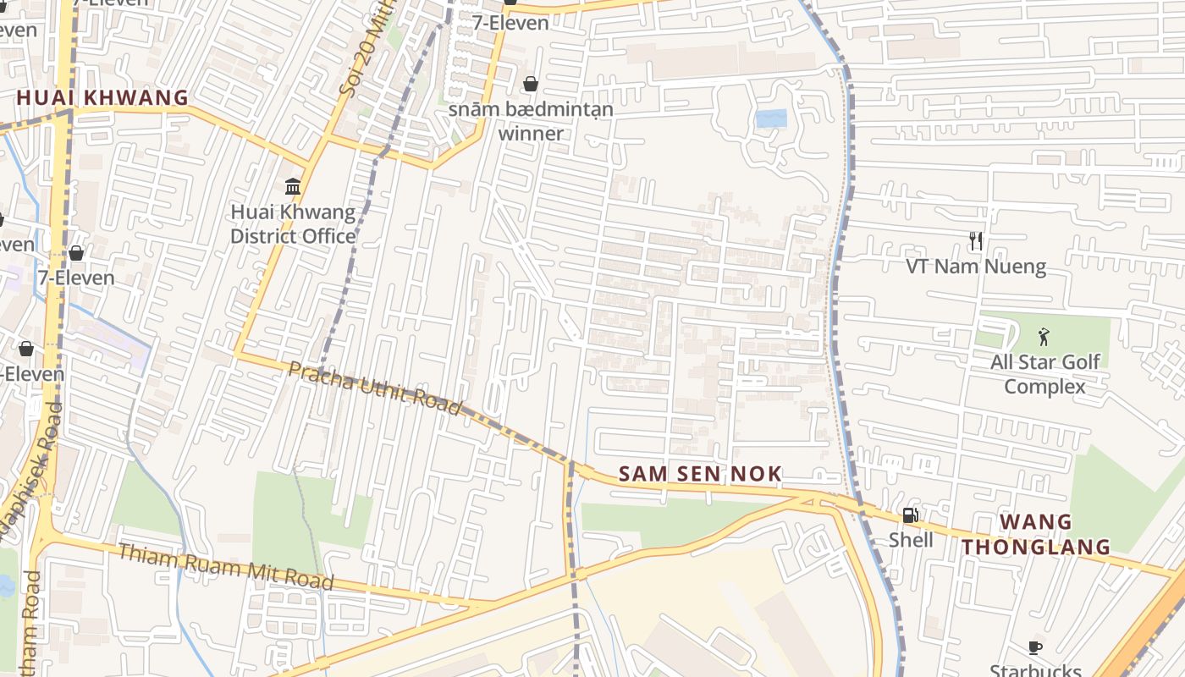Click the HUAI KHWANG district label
pos(102,98)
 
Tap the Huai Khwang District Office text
pos(293,224)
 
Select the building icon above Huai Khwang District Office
pos(293,186)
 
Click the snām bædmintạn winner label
pos(531,121)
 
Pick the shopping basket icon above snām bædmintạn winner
pos(531,84)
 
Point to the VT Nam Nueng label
pos(976,267)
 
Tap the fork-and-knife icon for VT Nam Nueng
pos(976,242)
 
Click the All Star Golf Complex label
pos(1044,374)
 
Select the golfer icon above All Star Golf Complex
pos(1044,338)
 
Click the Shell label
pos(911,540)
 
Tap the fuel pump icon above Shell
pos(911,515)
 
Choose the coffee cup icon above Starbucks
pos(1034,648)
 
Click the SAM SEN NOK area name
pos(700,474)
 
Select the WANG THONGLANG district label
pos(1036,534)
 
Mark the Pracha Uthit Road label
pos(375,388)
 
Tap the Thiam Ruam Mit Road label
pos(225,567)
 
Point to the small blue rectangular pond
pos(771,118)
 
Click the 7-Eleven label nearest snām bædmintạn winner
pos(510,23)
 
